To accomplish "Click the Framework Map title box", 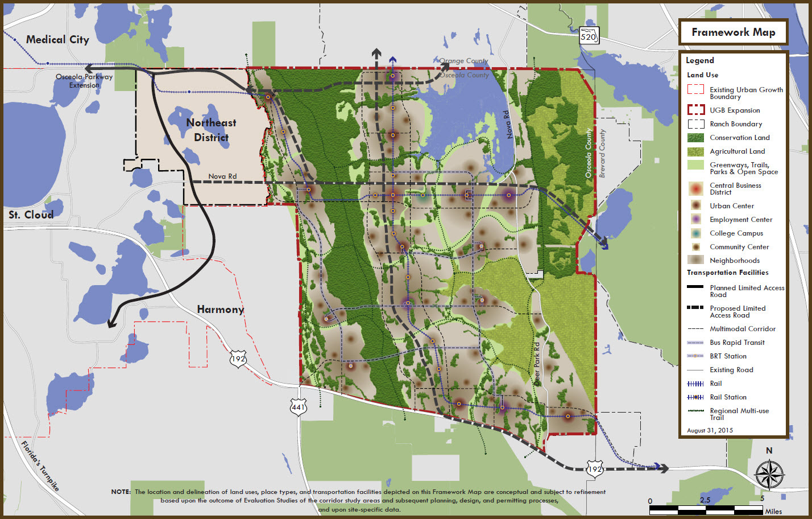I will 733,32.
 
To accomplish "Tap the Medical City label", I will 57,39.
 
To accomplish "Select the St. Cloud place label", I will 31,215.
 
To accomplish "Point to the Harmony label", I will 220,309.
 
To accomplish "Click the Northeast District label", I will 211,130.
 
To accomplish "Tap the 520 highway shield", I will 589,36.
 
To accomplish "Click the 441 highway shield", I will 299,407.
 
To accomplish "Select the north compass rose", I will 769,475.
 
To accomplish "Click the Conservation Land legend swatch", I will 695,138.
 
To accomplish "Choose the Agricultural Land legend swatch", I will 695,151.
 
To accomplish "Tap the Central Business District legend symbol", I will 695,188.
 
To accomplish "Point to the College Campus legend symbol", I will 695,233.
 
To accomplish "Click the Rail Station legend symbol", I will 695,397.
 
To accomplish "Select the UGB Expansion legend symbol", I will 695,110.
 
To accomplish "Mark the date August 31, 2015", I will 710,430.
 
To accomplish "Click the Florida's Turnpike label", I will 40,466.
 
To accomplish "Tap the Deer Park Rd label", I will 537,364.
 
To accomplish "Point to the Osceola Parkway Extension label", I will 84,81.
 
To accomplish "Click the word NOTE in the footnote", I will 121,492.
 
